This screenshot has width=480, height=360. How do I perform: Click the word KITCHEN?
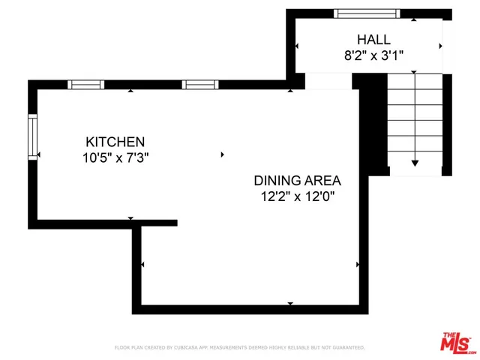(115, 142)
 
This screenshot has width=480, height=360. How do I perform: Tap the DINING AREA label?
(297, 181)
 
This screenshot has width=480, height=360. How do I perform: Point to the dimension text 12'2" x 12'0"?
(297, 196)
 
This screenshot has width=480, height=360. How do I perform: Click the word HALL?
(373, 39)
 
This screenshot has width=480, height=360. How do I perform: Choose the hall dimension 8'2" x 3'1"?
(373, 55)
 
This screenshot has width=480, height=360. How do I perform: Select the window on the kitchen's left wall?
(32, 136)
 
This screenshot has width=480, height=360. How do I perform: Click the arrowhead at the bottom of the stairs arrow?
(415, 163)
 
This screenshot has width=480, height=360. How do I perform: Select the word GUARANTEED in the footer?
(345, 348)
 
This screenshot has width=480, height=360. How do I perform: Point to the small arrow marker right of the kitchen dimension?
(222, 154)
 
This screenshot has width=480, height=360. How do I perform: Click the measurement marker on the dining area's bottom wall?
(290, 303)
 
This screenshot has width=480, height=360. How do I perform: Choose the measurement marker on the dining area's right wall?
(358, 265)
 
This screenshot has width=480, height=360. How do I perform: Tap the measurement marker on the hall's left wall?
(298, 46)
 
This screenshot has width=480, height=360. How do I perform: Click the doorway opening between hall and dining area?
(328, 80)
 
